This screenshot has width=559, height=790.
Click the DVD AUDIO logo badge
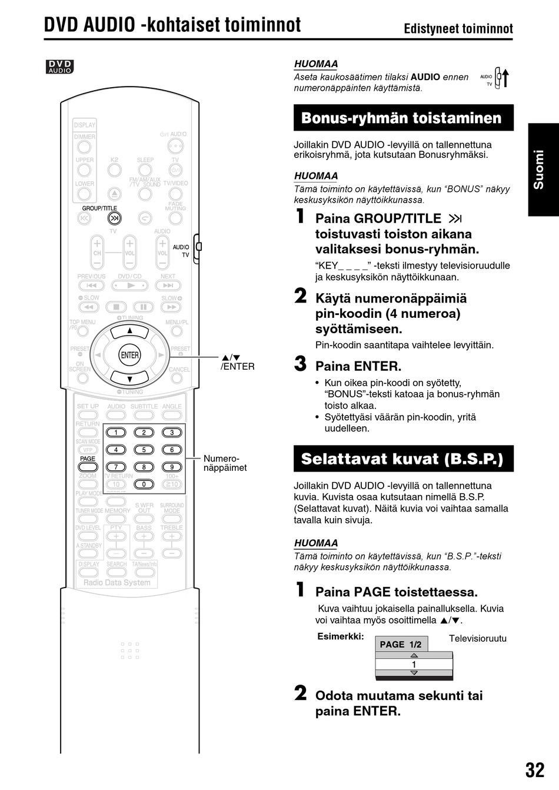point(60,67)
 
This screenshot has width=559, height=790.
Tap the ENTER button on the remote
point(129,355)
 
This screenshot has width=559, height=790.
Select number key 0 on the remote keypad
point(144,484)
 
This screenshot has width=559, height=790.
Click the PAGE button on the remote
point(88,467)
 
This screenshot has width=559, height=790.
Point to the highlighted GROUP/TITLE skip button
point(114,218)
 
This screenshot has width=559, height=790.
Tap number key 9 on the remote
point(172,467)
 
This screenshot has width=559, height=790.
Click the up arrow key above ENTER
point(129,330)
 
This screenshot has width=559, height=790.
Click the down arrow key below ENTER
point(129,378)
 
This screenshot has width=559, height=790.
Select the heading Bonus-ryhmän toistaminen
point(403,118)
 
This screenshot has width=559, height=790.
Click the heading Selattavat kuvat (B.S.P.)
point(403,459)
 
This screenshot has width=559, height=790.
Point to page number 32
point(534,769)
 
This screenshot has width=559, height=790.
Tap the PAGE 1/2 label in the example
point(401,645)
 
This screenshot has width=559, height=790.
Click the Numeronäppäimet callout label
point(225,463)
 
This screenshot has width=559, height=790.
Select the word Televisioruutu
point(477,639)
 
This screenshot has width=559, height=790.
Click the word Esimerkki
point(341,636)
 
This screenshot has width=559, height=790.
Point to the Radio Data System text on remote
point(117,583)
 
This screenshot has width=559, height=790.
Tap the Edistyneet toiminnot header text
point(458,29)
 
